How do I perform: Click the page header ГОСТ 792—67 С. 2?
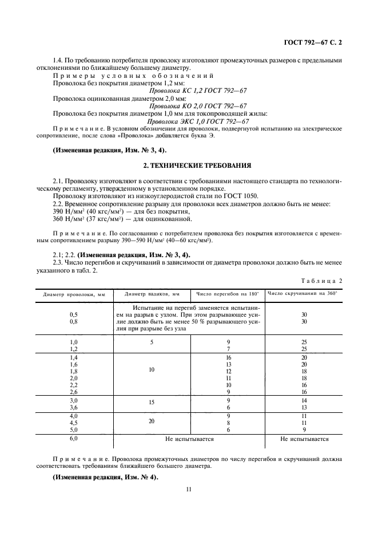316,41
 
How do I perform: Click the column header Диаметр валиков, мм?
152,294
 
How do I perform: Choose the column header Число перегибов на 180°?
228,294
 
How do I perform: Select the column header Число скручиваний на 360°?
303,294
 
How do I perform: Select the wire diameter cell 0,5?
73,315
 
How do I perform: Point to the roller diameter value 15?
152,403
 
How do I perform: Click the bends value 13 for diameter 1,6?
228,364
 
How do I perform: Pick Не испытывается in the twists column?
304,439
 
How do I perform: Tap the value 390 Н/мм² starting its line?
66,212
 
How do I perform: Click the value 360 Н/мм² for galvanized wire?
66,219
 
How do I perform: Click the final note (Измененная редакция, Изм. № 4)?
105,477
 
